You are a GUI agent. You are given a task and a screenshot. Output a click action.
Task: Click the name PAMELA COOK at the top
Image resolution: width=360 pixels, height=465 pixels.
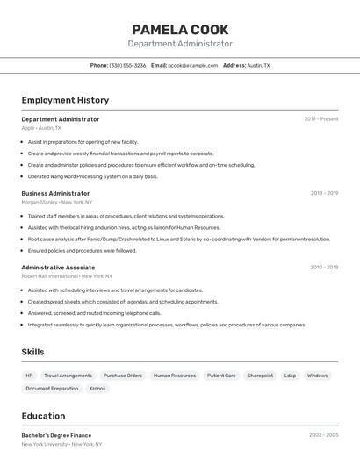pos(180,29)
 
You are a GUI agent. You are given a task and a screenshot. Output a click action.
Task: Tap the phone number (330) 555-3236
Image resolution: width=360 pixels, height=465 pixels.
pos(127,65)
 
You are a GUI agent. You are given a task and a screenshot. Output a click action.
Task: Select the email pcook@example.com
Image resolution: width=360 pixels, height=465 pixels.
pos(192,65)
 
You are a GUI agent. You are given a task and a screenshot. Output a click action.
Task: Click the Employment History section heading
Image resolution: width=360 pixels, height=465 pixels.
pos(65,100)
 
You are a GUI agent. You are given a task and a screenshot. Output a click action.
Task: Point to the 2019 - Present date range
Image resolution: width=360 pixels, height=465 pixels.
pos(321,119)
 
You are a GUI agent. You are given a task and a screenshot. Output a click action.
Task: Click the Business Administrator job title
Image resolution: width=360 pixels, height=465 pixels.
pos(55,193)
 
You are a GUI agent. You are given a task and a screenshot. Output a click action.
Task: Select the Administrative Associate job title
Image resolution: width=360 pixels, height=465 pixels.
pos(58,268)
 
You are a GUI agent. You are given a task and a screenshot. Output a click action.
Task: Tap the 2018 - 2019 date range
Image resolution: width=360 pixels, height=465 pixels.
pos(324,193)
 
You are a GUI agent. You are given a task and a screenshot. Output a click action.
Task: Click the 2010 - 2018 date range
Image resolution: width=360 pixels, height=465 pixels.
pos(324,268)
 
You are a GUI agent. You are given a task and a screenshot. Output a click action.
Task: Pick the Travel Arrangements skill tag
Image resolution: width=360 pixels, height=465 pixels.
pos(68,376)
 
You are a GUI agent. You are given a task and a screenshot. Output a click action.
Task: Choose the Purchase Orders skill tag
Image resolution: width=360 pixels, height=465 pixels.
pos(123,376)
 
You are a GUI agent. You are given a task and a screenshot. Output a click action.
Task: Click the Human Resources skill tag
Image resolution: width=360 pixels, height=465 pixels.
pos(175,376)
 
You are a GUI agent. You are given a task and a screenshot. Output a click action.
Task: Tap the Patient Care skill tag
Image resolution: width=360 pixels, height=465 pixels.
pos(221,376)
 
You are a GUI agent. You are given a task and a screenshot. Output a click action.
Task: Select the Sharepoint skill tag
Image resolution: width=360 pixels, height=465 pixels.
pos(260,376)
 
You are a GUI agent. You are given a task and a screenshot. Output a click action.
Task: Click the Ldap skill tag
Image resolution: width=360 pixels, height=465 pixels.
pos(290,376)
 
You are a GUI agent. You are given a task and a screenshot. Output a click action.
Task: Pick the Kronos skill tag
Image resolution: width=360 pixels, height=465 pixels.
pos(97,388)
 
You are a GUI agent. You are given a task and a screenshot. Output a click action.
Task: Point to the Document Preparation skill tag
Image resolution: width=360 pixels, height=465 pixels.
pos(52,388)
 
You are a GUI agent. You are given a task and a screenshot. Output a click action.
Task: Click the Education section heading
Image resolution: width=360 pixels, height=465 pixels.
pos(43,416)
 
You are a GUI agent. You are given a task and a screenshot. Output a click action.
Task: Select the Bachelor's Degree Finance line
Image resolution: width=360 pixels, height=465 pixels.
pos(56,435)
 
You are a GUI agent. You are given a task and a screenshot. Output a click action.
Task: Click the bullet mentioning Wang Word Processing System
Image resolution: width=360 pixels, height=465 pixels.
pos(92,176)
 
